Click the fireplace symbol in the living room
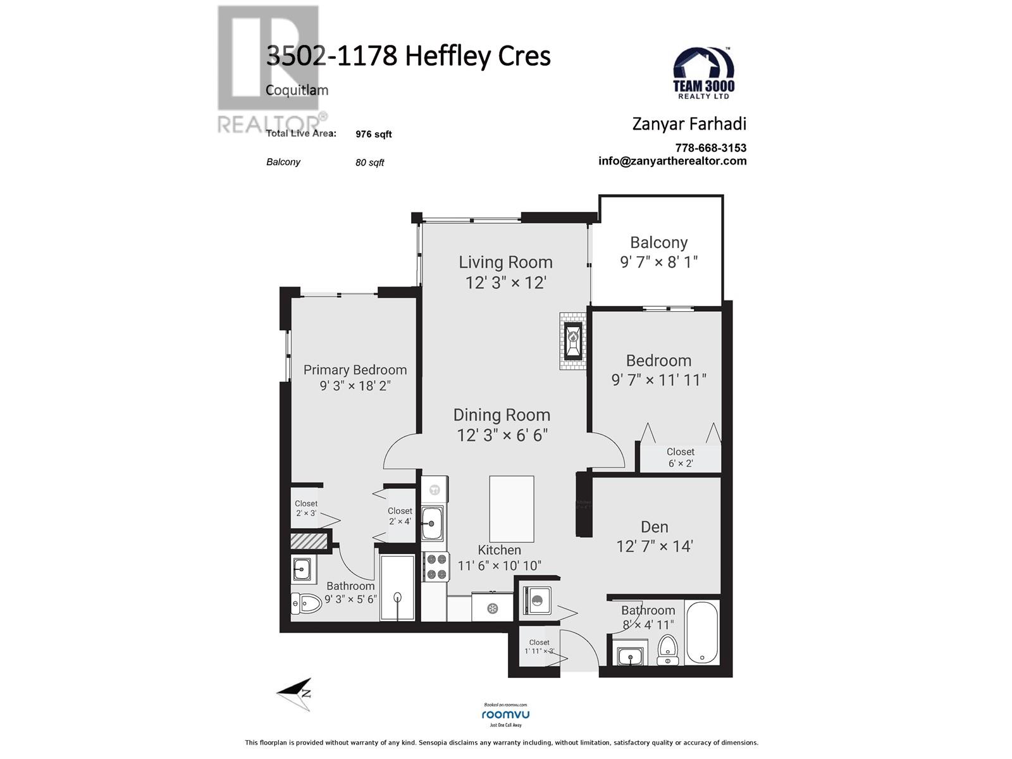[x=573, y=340]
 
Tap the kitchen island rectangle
[x=511, y=509]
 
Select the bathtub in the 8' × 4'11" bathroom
[x=702, y=632]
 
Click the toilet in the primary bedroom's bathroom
[x=306, y=603]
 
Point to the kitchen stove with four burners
[x=436, y=566]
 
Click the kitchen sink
[x=433, y=523]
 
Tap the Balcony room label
[x=658, y=243]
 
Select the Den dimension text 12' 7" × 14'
[x=655, y=546]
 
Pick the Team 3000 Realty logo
[x=703, y=73]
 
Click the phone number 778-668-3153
[x=710, y=148]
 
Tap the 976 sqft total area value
[x=373, y=134]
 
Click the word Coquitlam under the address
[x=297, y=90]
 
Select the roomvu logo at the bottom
[x=505, y=715]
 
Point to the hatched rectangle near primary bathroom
[x=309, y=541]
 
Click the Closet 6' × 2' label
[x=680, y=457]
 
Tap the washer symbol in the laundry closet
[x=537, y=600]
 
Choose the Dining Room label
[x=502, y=415]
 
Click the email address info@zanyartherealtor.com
[x=672, y=161]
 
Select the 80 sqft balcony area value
[x=369, y=163]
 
